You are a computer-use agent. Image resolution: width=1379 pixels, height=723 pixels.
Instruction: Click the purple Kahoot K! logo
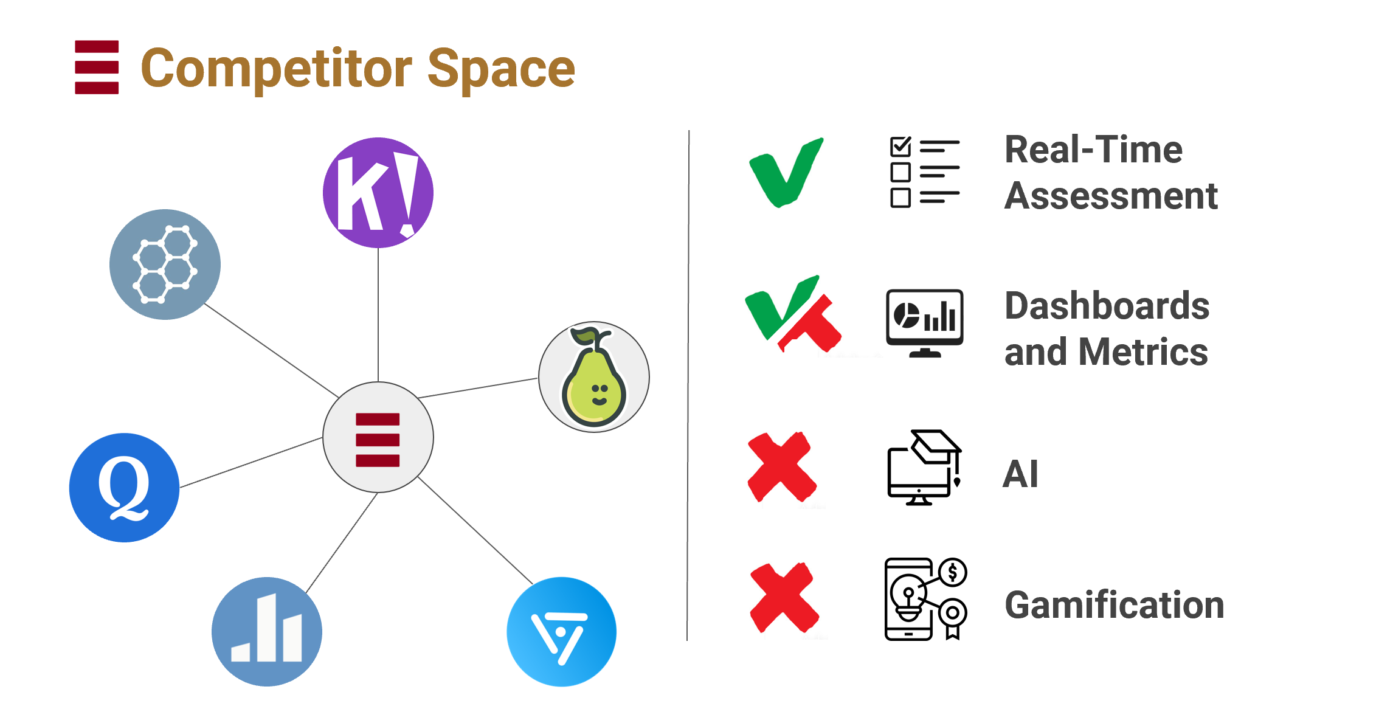pos(378,193)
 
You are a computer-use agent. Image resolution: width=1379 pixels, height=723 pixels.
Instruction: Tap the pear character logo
pos(593,377)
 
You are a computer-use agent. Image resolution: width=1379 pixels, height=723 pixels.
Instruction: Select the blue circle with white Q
pos(124,488)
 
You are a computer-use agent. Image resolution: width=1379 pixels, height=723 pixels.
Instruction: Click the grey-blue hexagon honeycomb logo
pos(165,265)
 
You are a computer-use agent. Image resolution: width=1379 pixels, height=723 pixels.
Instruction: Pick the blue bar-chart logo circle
pos(266,632)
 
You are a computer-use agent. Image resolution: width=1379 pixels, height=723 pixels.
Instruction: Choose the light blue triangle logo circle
pos(561,632)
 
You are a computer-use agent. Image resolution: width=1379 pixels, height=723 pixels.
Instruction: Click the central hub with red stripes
pos(378,438)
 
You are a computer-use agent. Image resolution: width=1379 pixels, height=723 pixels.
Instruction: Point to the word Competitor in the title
pos(276,69)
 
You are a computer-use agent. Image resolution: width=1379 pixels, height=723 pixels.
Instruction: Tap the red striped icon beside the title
pos(97,67)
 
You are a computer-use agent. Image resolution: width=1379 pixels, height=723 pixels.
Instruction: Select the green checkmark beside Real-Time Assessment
pos(786,173)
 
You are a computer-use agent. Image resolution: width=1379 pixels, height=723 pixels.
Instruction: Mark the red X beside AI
pos(782,467)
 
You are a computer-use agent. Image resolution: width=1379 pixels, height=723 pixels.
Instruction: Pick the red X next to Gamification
pos(784,598)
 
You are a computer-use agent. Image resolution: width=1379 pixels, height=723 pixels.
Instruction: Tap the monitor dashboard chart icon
pos(924,323)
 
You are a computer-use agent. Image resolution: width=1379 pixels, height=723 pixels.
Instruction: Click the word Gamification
pos(1114,605)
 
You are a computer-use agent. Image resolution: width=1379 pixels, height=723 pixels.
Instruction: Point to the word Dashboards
pos(1107,306)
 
